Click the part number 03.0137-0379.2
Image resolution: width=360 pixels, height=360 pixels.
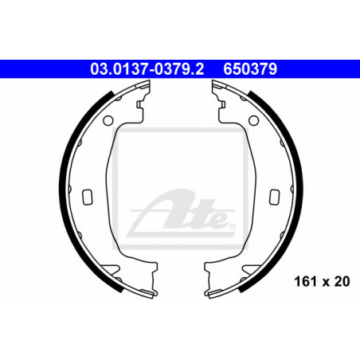[147, 69]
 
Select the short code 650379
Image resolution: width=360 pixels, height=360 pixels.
[250, 69]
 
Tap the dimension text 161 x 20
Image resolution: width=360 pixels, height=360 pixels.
[322, 281]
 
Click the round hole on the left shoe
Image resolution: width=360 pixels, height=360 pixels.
[108, 120]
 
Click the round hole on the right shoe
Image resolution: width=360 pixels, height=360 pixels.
[254, 120]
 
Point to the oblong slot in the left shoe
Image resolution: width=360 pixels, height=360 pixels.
[88, 197]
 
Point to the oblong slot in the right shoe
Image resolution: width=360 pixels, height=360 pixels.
[275, 197]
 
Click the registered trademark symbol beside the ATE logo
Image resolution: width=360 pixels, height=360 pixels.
[232, 226]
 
